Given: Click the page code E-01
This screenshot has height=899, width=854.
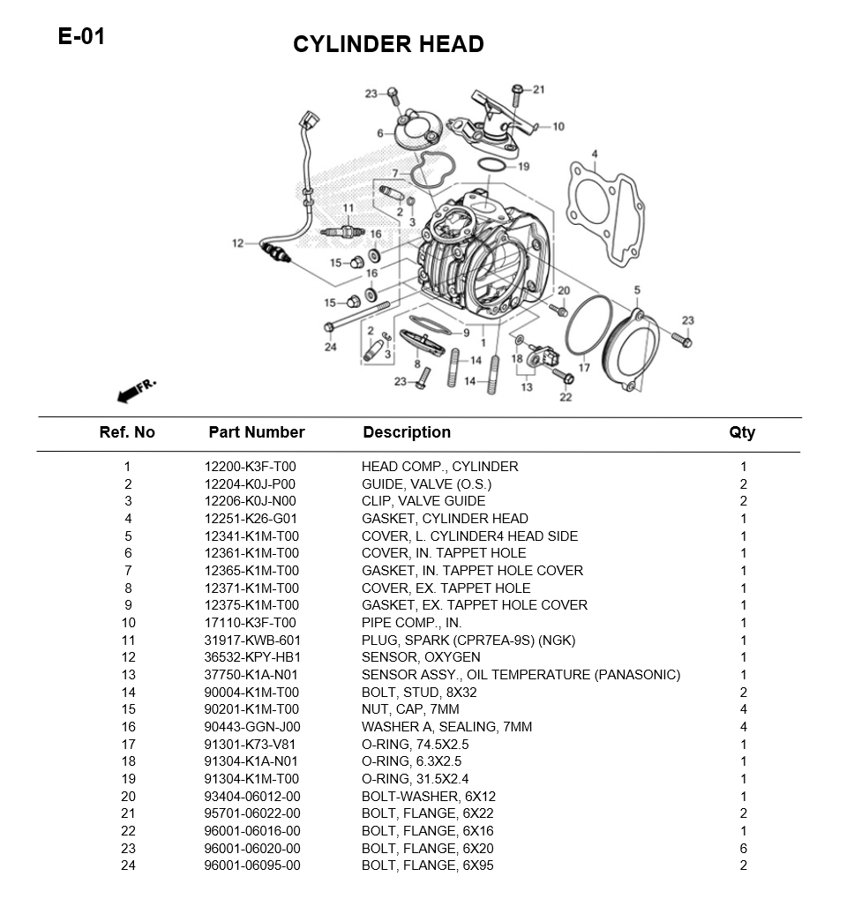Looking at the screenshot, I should point(81,36).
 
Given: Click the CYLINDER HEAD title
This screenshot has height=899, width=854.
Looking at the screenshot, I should point(388,44).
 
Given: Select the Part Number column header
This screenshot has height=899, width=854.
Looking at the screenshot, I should point(256,432).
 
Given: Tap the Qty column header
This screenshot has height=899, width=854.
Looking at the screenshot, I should point(742,432).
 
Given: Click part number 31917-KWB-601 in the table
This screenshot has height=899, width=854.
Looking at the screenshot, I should point(252,641).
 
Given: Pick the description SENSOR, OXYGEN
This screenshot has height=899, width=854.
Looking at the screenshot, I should point(421,657).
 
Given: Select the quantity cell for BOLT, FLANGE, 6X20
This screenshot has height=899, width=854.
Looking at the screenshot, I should point(744,849).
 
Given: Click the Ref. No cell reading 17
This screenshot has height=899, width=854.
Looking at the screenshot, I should point(127,745).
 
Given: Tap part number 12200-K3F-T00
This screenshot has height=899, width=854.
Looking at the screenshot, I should point(251,467).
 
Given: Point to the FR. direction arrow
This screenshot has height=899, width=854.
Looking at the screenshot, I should point(133,391).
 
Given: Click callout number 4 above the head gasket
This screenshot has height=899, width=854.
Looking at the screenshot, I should point(595,154).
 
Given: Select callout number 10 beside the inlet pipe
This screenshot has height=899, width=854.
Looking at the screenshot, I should point(558,127).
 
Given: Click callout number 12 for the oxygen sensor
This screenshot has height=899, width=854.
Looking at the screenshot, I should point(238,243).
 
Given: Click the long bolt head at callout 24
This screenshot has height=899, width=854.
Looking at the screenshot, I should point(330,327).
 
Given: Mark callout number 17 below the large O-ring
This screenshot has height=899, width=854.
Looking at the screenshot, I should point(584,368).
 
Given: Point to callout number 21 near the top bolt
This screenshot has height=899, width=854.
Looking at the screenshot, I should point(538,89).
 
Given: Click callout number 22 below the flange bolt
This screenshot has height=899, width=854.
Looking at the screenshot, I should point(566,397).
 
